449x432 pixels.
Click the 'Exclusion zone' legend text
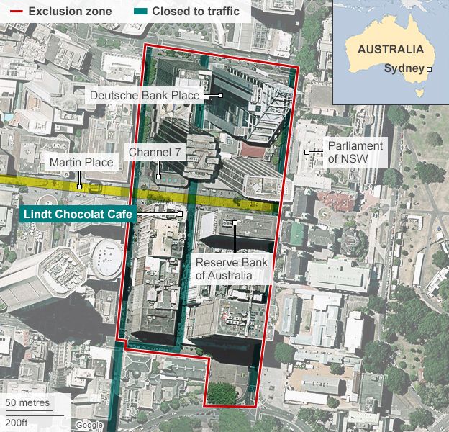click(x=71, y=12)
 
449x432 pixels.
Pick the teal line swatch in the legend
click(x=140, y=12)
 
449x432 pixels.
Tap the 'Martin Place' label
click(x=81, y=163)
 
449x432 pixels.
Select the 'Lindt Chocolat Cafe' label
click(x=78, y=214)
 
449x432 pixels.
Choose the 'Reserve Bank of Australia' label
click(x=231, y=269)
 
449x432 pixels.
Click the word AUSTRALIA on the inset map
click(x=390, y=50)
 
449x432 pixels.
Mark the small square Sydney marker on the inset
click(x=430, y=69)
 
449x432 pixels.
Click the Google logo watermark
click(x=89, y=425)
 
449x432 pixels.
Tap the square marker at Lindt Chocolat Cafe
click(x=181, y=213)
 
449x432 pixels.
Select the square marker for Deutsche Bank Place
click(x=220, y=95)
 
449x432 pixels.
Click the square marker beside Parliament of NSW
click(x=307, y=152)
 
